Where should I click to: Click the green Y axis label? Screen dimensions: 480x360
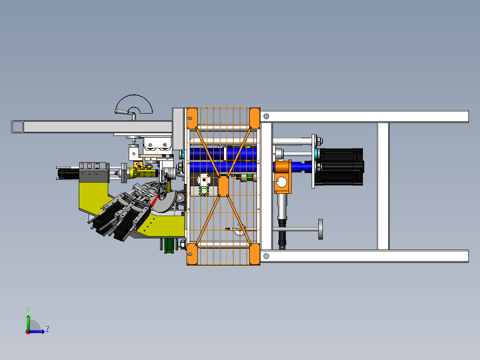(28, 310)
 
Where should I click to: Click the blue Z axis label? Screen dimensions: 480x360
(48, 329)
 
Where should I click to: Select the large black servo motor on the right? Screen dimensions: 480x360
(339, 167)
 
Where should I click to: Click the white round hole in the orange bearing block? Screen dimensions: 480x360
(281, 182)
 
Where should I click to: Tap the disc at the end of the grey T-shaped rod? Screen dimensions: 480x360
(321, 229)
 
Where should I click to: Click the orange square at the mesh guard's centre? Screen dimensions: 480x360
(224, 186)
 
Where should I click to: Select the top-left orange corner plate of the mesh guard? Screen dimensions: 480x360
(192, 118)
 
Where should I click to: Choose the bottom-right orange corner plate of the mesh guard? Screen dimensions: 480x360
(255, 254)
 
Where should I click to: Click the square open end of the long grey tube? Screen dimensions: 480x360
(17, 127)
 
